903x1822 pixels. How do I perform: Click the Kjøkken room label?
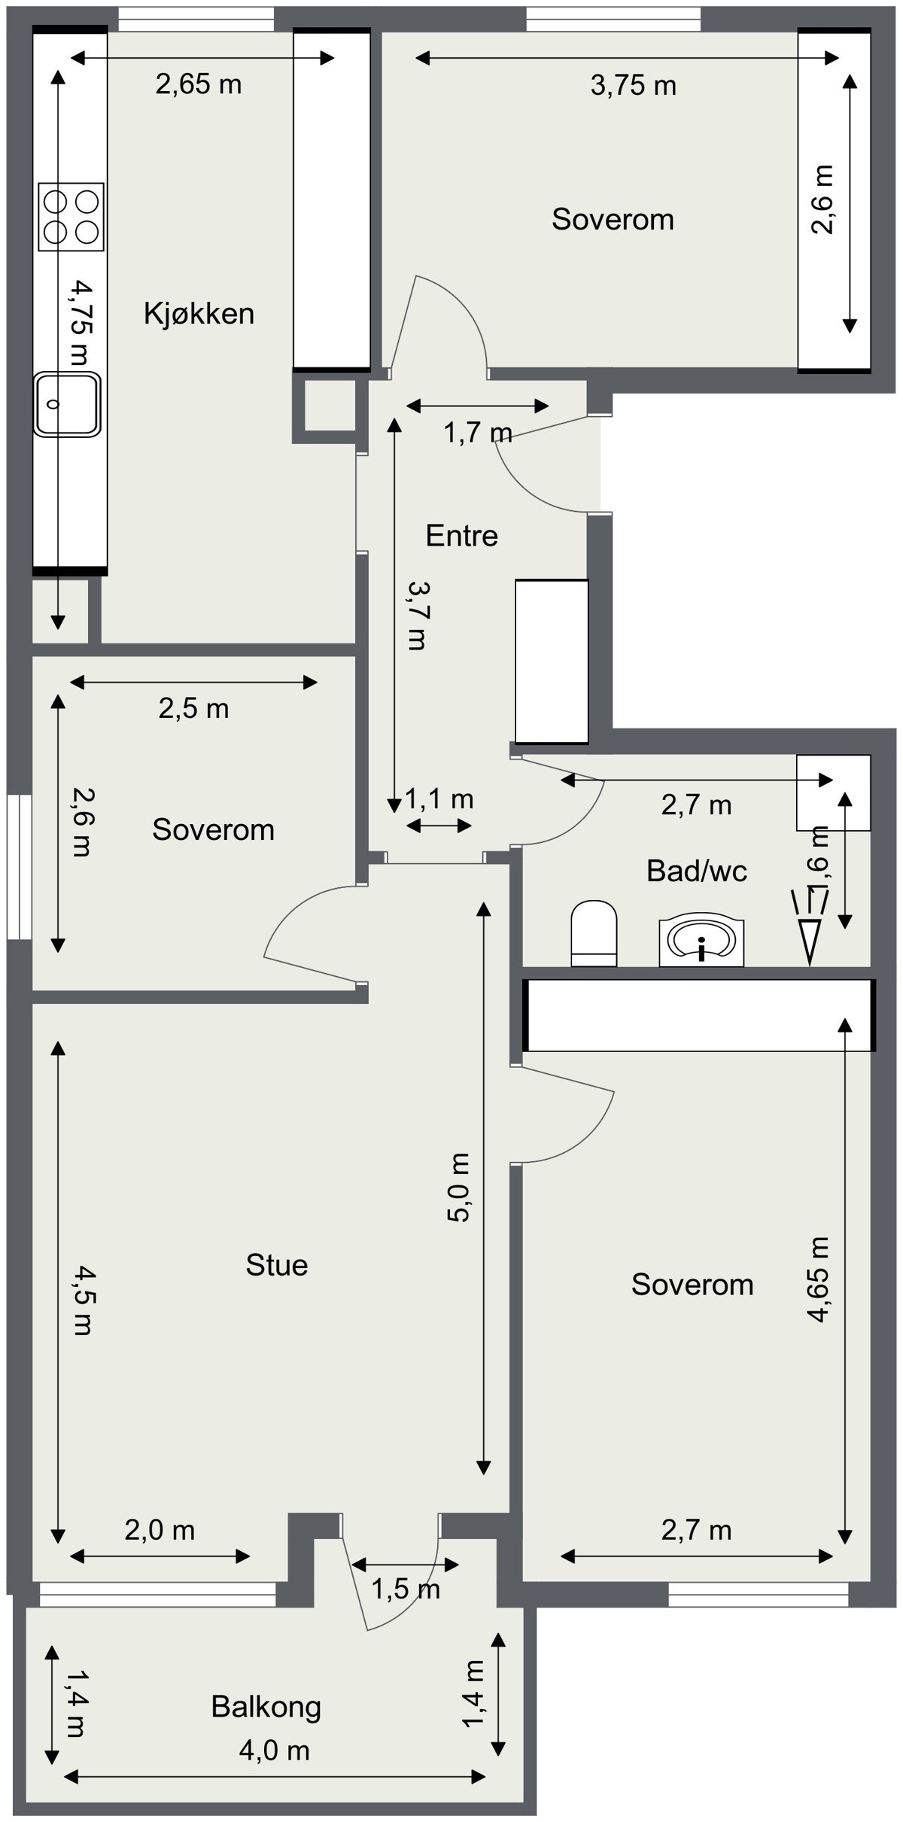[199, 313]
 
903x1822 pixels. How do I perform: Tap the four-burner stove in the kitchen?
[71, 217]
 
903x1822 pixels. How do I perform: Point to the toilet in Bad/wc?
[594, 932]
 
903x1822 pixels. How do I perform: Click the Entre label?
[461, 536]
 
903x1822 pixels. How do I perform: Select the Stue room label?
[276, 1265]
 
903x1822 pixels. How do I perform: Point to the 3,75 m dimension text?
[633, 86]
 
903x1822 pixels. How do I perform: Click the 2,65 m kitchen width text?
[199, 84]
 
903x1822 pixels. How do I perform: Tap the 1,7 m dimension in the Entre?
[477, 433]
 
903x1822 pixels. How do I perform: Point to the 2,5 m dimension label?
[193, 709]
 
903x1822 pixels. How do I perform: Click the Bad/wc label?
[696, 871]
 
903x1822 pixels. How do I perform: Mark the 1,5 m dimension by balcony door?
[405, 1589]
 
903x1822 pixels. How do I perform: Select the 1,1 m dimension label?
[439, 798]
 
